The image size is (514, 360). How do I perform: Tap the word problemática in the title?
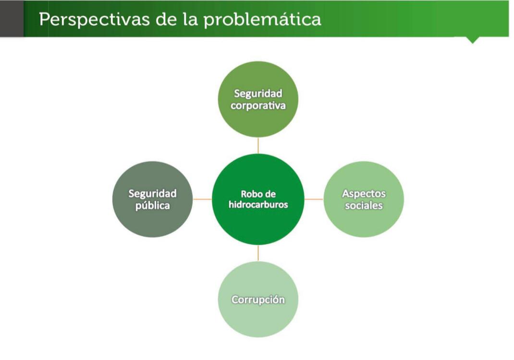tap(262, 19)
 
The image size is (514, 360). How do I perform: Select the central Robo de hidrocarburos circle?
tap(258, 199)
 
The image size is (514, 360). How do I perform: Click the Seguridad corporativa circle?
tap(258, 99)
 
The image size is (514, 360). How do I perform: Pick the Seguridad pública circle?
tap(152, 199)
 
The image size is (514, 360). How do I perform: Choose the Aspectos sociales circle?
tap(364, 199)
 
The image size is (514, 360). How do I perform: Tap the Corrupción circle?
tap(258, 299)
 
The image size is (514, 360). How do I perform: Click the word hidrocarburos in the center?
tap(258, 205)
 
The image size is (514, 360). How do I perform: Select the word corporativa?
tap(258, 106)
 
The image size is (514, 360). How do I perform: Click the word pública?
tap(153, 206)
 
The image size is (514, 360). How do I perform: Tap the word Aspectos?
tap(364, 194)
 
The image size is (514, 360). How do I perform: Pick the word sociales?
tap(364, 206)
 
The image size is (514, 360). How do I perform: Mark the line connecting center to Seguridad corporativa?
tap(258, 145)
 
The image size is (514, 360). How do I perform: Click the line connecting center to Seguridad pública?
tap(202, 199)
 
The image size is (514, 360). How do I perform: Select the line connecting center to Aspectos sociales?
tap(314, 199)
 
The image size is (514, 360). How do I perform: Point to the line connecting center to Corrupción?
tap(258, 253)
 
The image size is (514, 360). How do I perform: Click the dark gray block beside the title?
tap(12, 18)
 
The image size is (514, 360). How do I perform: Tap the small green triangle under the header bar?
tap(472, 40)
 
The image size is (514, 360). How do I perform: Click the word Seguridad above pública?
tap(152, 193)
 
